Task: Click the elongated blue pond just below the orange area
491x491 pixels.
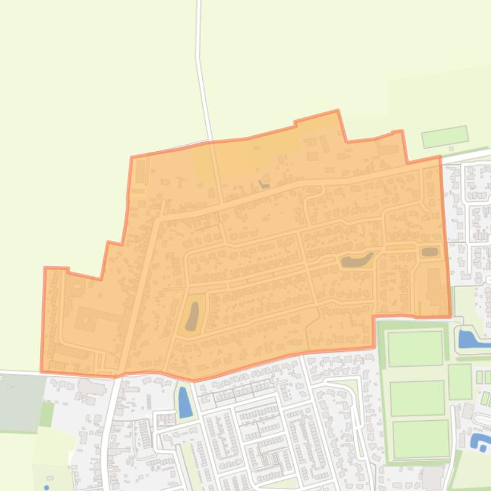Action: [185, 402]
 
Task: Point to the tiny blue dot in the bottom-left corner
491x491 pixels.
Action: [47, 488]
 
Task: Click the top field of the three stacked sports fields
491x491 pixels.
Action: [415, 348]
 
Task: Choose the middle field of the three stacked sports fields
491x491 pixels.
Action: [418, 398]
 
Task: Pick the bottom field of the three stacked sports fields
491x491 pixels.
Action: [421, 439]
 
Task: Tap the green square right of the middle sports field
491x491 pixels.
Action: [459, 381]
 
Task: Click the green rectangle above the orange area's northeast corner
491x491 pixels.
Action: [445, 136]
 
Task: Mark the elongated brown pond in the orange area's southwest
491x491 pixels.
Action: [192, 316]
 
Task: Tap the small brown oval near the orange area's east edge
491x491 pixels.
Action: [430, 252]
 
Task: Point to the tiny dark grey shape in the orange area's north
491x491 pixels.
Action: [263, 185]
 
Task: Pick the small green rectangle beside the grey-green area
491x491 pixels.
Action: [47, 414]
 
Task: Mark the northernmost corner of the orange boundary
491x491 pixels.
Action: [337, 111]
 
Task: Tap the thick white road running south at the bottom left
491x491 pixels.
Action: [106, 440]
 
